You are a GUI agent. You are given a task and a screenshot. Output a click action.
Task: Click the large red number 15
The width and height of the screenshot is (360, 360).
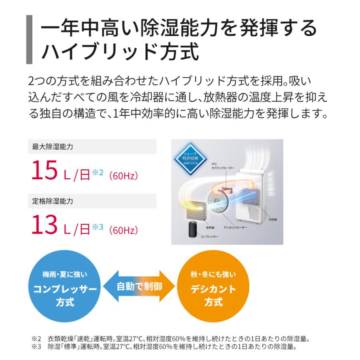pos(45,171)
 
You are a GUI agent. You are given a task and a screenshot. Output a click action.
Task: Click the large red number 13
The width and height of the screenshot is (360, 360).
pos(45,224)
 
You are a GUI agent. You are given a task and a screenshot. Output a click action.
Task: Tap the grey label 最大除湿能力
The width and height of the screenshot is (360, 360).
pos(53,147)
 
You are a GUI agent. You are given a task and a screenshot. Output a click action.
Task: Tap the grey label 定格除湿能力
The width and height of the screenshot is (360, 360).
pos(53,201)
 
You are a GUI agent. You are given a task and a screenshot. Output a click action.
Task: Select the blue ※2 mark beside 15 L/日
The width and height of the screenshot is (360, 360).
pos(98,172)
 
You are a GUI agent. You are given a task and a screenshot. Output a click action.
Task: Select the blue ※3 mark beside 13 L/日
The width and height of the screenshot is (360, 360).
pos(98,226)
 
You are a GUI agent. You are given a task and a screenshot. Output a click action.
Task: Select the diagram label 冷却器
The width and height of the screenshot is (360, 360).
pos(273,220)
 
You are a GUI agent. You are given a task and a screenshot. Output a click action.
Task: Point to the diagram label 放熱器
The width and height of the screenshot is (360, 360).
pos(211,227)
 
